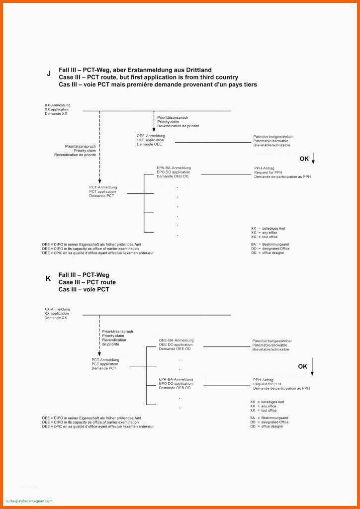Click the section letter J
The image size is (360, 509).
(49, 74)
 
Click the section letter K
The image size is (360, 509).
(48, 279)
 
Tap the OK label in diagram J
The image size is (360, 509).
(304, 159)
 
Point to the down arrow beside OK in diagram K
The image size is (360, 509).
(313, 366)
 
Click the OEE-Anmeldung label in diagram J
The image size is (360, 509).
(151, 136)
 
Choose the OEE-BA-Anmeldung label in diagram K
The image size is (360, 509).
(176, 340)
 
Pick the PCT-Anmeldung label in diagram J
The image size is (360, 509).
(103, 187)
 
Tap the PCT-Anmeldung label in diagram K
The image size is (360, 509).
(105, 359)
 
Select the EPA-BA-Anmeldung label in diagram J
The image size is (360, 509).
(174, 168)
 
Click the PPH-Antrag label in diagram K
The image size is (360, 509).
(263, 380)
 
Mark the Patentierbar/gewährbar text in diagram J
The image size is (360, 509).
(273, 136)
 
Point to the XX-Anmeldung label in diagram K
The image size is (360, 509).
(57, 309)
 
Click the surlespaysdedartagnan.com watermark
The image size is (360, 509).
(29, 501)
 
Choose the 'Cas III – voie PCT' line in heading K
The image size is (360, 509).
(84, 289)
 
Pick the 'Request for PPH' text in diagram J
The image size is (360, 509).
(268, 172)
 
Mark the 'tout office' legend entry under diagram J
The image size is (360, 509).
(270, 237)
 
